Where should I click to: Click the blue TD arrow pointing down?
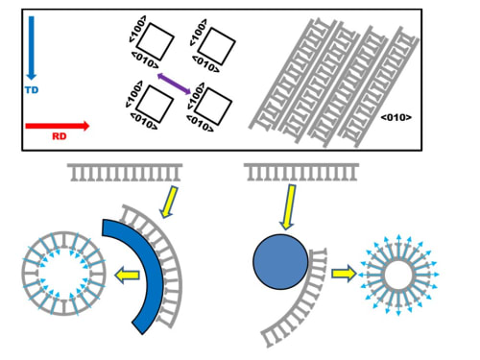(x=31, y=48)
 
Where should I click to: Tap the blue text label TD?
(x=32, y=90)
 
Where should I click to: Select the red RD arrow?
(x=58, y=126)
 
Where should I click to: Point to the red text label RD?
(x=60, y=136)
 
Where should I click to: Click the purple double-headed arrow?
(x=174, y=84)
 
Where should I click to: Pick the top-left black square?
(x=156, y=41)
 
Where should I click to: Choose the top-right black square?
(x=217, y=47)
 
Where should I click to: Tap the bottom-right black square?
(x=213, y=107)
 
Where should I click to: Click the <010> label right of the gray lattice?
(x=396, y=117)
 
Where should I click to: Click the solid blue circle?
(x=280, y=262)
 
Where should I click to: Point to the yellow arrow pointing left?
(x=127, y=276)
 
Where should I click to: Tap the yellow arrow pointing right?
(x=344, y=274)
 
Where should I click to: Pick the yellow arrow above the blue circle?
(x=288, y=206)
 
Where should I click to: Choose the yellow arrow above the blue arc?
(x=169, y=202)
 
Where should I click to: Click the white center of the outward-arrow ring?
(x=398, y=276)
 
